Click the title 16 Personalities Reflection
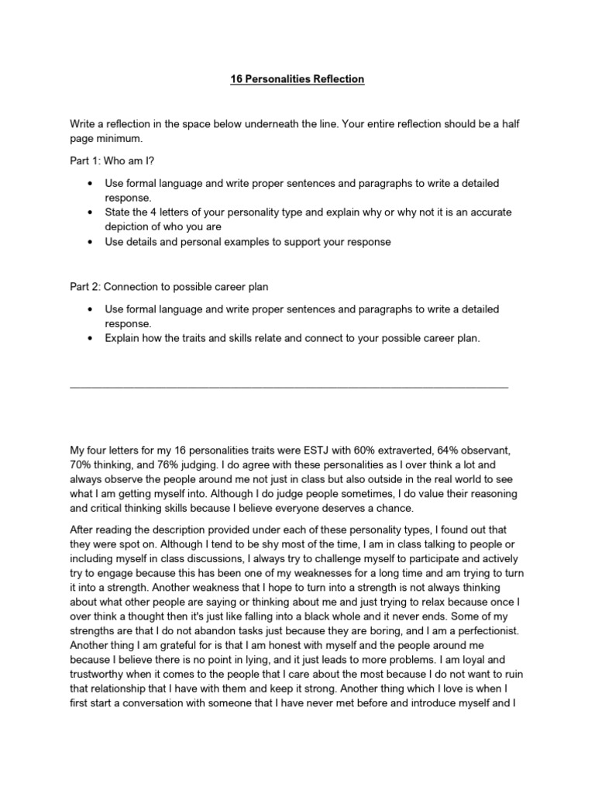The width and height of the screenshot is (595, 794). [x=297, y=79]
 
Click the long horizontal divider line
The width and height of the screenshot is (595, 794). [x=289, y=385]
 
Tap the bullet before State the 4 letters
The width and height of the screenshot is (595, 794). [x=91, y=212]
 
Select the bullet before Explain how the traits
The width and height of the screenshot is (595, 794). [x=91, y=338]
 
